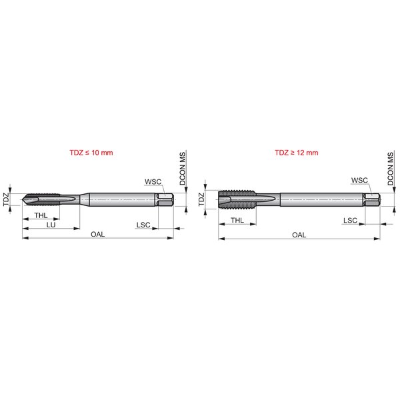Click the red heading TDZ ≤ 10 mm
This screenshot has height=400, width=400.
[x=91, y=153]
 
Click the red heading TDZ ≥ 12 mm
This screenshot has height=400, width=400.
[x=297, y=153]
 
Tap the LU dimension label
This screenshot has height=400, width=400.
[x=51, y=225]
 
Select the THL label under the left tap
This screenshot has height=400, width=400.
[x=41, y=215]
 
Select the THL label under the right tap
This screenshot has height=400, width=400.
[x=237, y=220]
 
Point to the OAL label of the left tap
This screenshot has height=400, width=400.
[x=98, y=234]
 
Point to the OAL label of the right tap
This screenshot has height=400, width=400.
[x=299, y=235]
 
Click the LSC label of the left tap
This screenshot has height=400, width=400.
[x=143, y=225]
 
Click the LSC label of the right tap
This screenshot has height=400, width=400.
[x=350, y=221]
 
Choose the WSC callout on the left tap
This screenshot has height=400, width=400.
[x=153, y=181]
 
